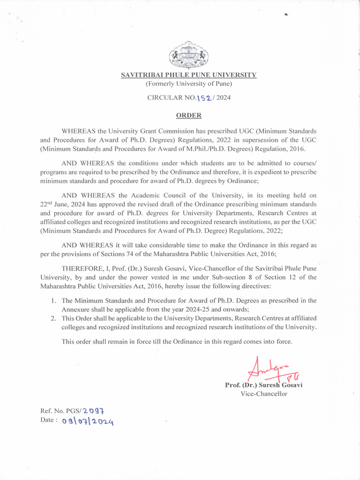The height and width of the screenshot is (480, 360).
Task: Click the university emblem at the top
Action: (x=188, y=55)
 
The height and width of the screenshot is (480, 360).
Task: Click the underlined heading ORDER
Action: (x=188, y=115)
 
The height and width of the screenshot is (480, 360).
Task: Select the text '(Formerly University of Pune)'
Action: (x=188, y=84)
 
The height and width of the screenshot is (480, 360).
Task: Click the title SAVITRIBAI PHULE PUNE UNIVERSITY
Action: (x=188, y=75)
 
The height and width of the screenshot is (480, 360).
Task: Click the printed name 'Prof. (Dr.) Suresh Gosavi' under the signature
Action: (x=264, y=385)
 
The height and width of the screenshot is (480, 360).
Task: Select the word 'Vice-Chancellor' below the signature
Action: (x=264, y=394)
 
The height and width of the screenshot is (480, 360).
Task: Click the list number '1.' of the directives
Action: (x=54, y=300)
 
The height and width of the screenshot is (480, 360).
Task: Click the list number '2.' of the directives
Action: (x=54, y=318)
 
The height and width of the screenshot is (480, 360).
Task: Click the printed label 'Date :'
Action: (x=49, y=420)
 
